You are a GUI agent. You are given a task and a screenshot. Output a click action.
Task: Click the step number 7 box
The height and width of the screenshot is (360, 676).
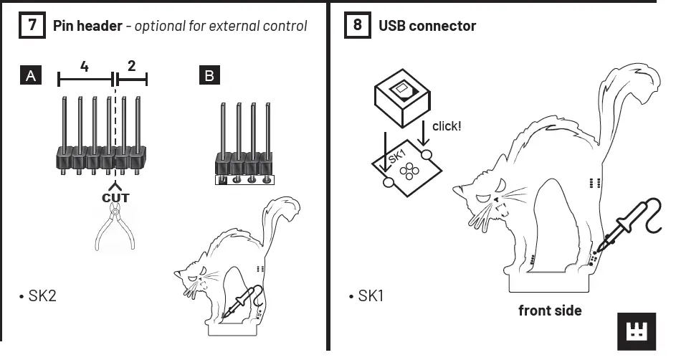click(x=32, y=26)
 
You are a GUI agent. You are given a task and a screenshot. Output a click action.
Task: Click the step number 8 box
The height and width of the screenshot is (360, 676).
click(x=358, y=26)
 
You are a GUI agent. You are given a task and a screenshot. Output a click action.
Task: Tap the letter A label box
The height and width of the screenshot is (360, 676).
click(x=31, y=75)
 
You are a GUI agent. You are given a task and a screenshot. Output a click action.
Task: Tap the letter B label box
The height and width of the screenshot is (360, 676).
click(x=209, y=75)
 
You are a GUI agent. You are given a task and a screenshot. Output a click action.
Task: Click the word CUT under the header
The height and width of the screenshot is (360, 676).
click(x=115, y=196)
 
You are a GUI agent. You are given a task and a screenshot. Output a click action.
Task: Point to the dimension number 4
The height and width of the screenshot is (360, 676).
click(x=85, y=67)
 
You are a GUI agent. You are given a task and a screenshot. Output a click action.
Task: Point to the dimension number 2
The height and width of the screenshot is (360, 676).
click(x=131, y=67)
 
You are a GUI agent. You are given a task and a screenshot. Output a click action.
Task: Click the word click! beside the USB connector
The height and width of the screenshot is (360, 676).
click(x=447, y=125)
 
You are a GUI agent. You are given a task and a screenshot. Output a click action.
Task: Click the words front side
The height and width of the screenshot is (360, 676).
click(x=550, y=311)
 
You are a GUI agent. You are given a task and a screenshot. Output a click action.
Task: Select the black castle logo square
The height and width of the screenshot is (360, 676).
click(x=636, y=331)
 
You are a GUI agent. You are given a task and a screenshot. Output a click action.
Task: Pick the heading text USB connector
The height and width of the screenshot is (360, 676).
click(x=427, y=26)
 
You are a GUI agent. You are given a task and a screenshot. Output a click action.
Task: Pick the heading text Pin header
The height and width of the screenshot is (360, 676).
click(x=88, y=26)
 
